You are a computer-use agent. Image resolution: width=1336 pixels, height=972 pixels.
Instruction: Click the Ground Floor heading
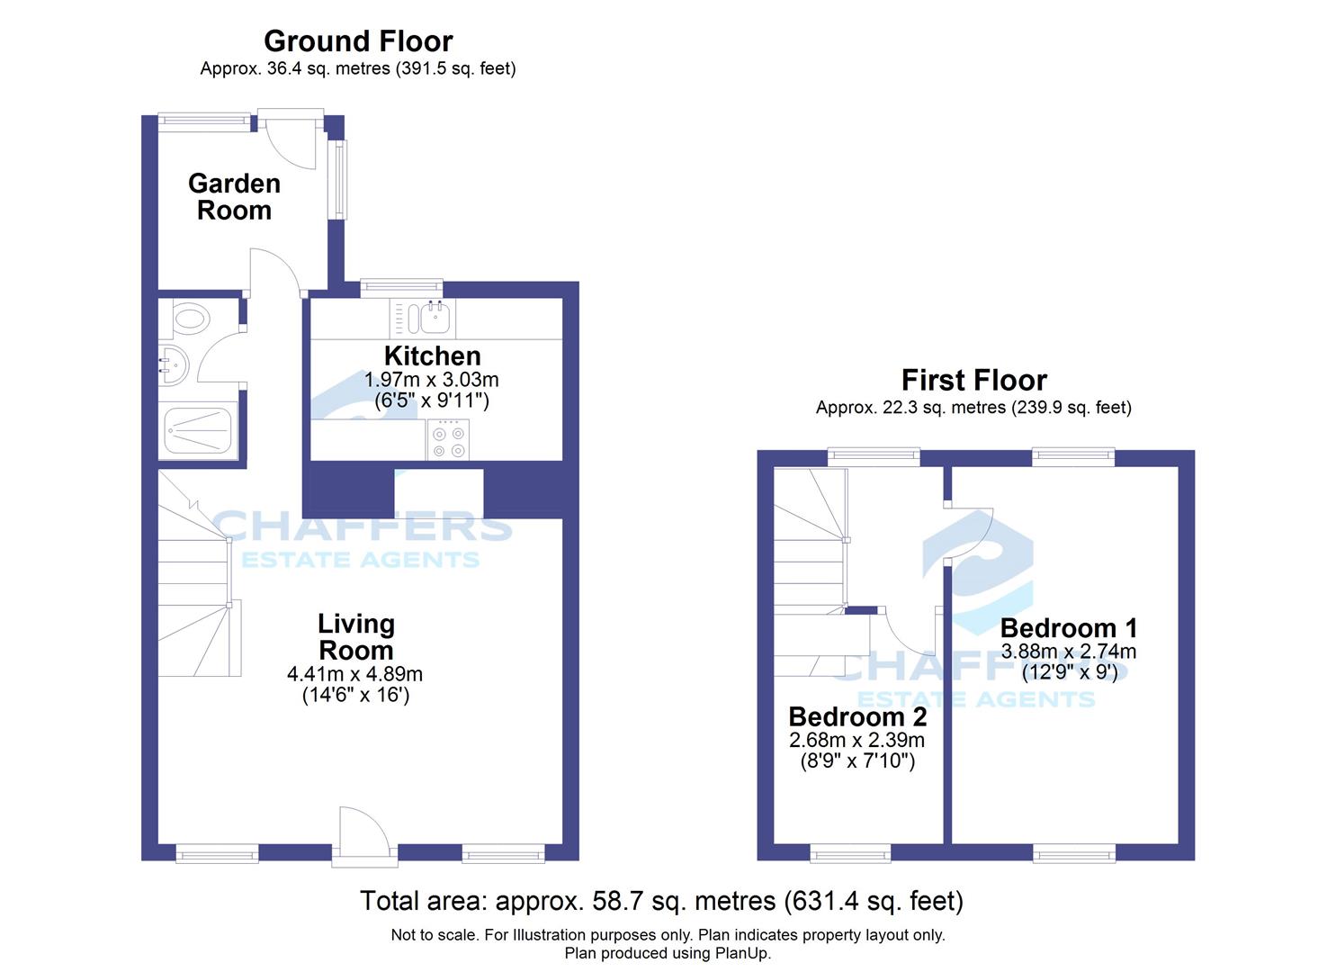pyautogui.click(x=358, y=41)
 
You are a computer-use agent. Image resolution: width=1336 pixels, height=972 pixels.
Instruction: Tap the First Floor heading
pyautogui.click(x=974, y=380)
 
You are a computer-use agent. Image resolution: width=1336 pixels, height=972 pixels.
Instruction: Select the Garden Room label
pyautogui.click(x=235, y=197)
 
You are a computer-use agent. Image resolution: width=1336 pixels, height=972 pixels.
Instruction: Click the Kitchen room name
pyautogui.click(x=433, y=356)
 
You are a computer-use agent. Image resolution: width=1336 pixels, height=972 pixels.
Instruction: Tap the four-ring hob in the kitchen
pyautogui.click(x=449, y=440)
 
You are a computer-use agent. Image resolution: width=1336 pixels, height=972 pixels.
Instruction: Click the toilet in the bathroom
pyautogui.click(x=190, y=318)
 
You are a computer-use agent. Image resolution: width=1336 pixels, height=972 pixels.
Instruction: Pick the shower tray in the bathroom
pyautogui.click(x=198, y=431)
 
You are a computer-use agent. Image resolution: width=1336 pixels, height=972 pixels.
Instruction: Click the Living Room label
pyautogui.click(x=356, y=637)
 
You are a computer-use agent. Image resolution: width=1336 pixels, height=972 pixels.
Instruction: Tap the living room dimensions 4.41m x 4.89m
pyautogui.click(x=354, y=674)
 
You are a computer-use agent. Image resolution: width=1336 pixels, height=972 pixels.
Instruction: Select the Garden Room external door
pyautogui.click(x=291, y=139)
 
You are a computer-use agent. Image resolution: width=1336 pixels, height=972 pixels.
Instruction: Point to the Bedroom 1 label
pyautogui.click(x=1069, y=628)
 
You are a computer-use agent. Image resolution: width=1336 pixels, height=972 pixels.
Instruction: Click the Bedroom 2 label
pyautogui.click(x=857, y=717)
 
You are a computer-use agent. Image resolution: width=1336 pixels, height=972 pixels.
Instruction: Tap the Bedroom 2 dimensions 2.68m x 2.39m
pyautogui.click(x=857, y=741)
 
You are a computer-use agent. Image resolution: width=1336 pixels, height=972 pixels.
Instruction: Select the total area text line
pyautogui.click(x=661, y=901)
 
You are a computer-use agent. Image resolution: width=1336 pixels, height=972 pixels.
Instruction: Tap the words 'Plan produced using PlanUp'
pyautogui.click(x=668, y=953)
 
